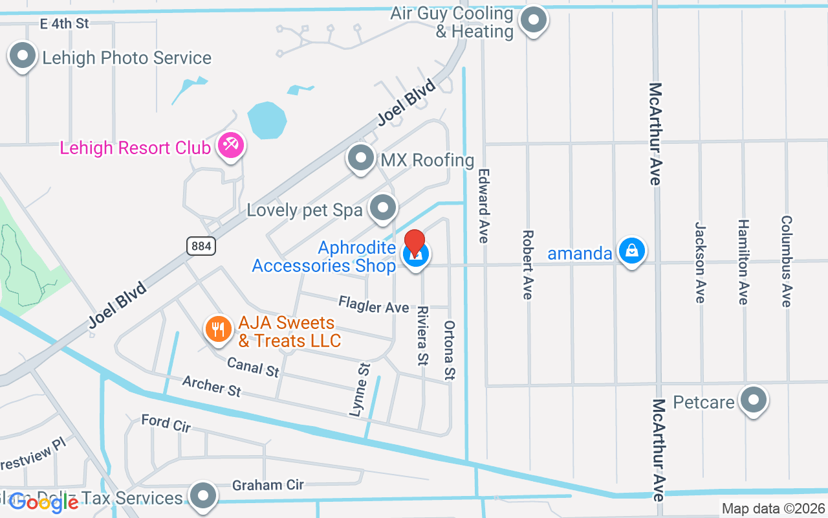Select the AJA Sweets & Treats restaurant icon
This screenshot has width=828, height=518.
219,330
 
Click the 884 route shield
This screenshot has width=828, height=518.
201,246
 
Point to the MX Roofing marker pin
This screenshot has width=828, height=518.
361,158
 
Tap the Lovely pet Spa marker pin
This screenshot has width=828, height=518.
384,208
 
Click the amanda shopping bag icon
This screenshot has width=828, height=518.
631,251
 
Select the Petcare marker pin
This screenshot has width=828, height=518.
753,400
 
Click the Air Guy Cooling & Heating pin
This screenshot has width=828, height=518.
534,20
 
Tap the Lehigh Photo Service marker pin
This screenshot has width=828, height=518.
23,56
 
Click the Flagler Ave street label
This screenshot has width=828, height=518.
374,304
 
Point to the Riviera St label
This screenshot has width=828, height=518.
422,335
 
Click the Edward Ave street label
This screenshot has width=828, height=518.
483,206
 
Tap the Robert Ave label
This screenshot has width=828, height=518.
528,264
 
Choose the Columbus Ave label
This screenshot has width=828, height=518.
786,261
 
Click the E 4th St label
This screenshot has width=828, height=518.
64,24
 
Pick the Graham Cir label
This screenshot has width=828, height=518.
268,485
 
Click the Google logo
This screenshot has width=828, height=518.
44,502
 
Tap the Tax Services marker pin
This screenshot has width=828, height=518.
204,495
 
